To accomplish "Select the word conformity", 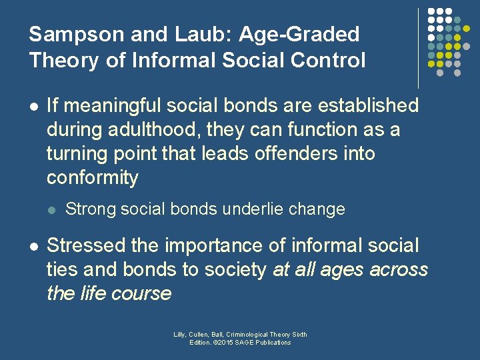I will [x=93, y=178].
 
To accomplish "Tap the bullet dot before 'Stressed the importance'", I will [x=33, y=247].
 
